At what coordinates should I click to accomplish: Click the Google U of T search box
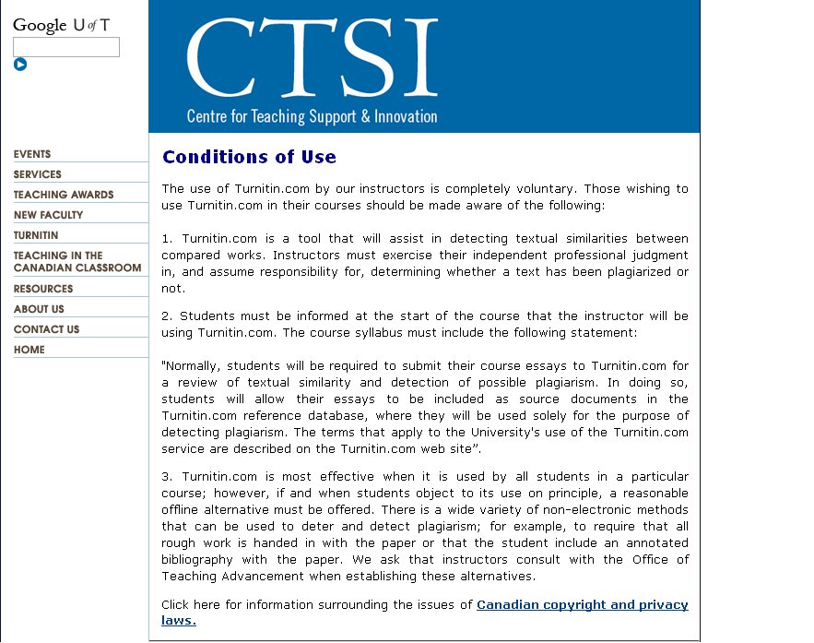click(65, 47)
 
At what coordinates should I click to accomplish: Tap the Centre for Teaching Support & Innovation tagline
click(312, 117)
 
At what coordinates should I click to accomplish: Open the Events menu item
click(32, 154)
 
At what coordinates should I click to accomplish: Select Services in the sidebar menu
click(38, 174)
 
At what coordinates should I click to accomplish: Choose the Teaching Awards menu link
click(64, 195)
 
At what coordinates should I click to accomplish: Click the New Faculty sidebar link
click(49, 215)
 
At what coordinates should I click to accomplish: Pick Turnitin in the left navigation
click(36, 235)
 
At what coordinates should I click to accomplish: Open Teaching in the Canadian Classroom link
click(77, 262)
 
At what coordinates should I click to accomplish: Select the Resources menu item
click(43, 289)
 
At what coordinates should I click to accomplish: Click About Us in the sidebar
click(39, 309)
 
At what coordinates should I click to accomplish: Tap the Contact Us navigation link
click(47, 329)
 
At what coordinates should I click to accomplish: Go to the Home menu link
click(29, 350)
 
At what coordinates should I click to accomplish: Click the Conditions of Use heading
click(249, 157)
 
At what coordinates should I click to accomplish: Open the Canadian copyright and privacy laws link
click(582, 605)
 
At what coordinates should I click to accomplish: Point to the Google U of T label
click(61, 25)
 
